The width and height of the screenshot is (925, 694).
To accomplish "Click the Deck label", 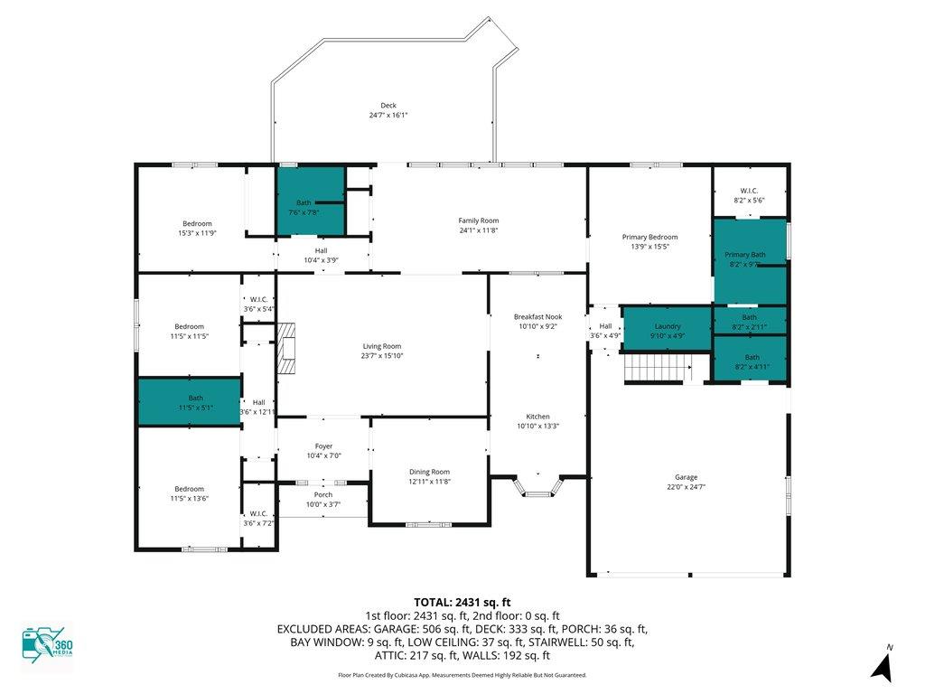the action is (x=388, y=106).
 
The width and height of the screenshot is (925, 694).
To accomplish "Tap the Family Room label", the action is (x=479, y=220).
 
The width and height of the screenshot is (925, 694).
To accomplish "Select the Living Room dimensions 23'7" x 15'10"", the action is (x=382, y=356).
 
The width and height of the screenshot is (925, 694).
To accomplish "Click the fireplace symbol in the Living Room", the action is (x=286, y=348).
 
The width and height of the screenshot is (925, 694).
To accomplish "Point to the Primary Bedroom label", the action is (x=649, y=238).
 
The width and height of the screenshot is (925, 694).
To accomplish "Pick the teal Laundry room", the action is (x=668, y=328).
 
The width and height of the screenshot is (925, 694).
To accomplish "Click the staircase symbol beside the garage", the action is (x=659, y=369).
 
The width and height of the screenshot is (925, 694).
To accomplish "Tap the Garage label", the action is (x=687, y=477).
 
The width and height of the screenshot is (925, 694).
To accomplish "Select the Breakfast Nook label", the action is (x=537, y=317).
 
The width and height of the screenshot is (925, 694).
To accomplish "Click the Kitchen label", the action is (x=537, y=417).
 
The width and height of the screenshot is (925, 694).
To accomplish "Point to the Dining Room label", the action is (x=429, y=472).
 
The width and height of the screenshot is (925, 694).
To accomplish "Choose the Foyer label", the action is (x=323, y=446).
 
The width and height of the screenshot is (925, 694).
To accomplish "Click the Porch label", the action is (x=323, y=494).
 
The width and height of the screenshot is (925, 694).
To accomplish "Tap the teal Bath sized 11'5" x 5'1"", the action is (x=190, y=401).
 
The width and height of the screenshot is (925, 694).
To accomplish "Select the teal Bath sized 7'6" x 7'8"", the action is (x=311, y=202).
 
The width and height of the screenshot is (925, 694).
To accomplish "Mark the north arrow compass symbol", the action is (x=883, y=664).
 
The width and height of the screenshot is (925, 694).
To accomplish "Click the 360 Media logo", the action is (x=47, y=644).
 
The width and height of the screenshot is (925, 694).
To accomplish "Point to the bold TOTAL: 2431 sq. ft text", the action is (x=462, y=603).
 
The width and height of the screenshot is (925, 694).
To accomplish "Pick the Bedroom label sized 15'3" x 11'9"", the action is (x=197, y=224).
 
